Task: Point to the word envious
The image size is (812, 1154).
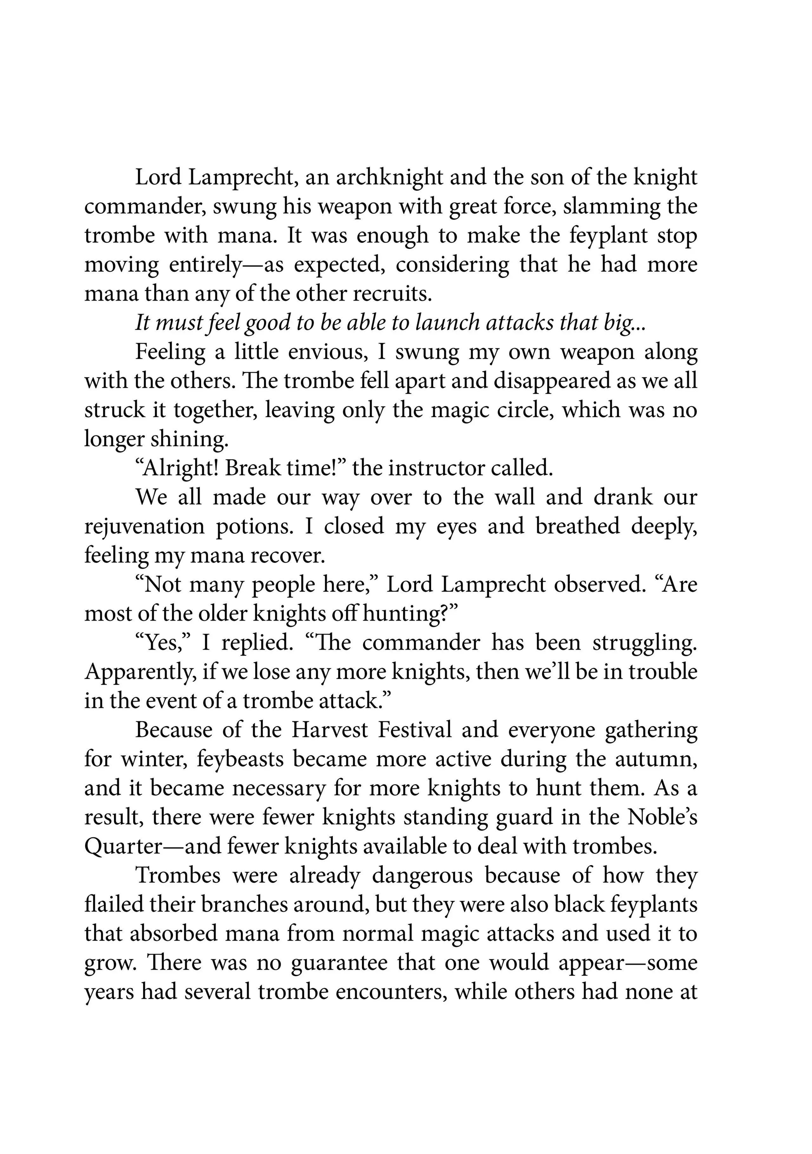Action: point(325,352)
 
